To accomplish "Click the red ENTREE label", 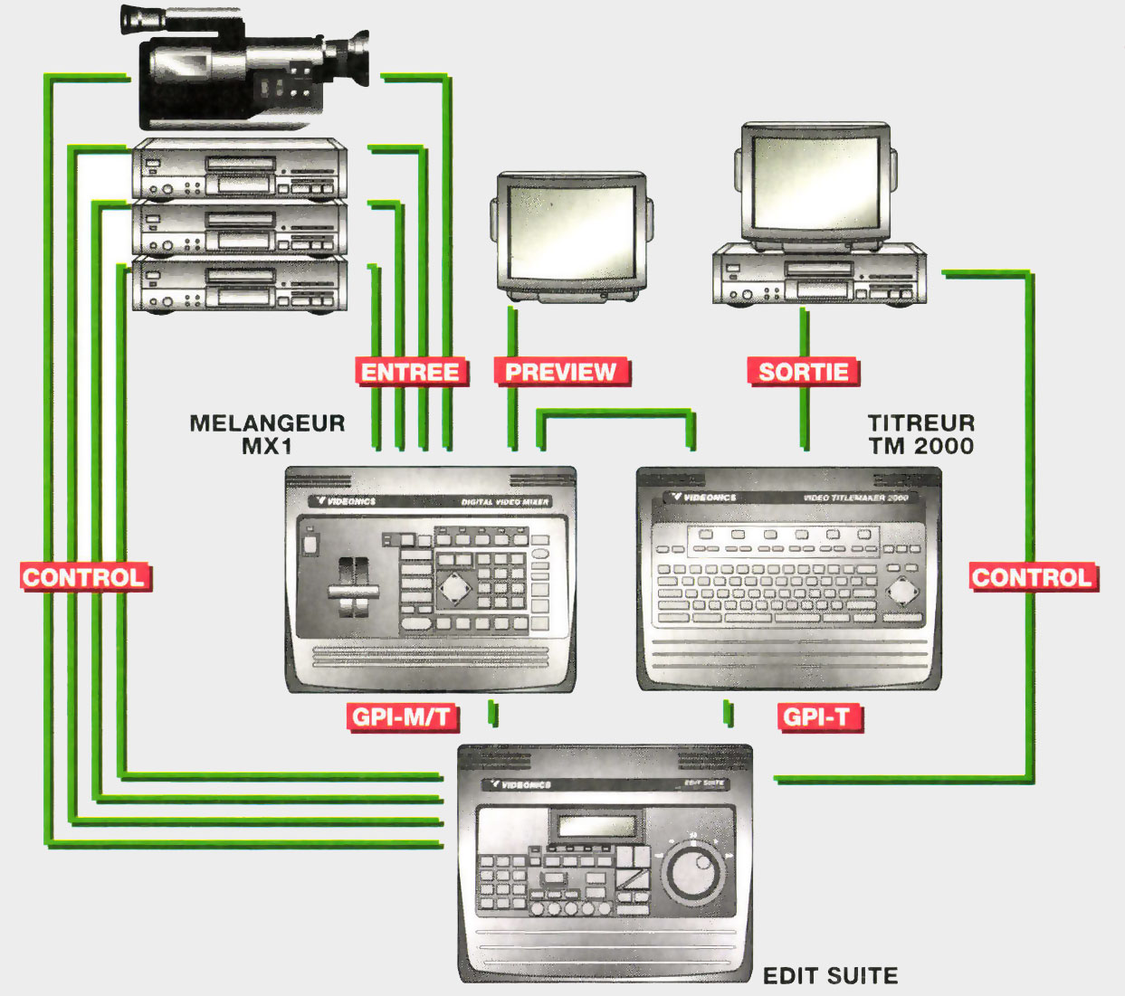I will click(411, 372).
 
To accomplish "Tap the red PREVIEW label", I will click(561, 372).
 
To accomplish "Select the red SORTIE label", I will click(803, 372).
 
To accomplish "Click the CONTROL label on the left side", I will click(84, 577).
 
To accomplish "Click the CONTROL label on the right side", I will click(1033, 577).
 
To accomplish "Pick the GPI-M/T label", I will click(401, 717).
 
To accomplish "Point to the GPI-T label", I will click(817, 717).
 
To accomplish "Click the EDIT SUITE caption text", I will click(830, 976).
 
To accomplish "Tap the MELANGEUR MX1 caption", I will click(267, 434).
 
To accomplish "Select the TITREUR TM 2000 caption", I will click(920, 434).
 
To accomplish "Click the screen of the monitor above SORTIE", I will click(815, 182).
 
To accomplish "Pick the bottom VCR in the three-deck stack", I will click(240, 286).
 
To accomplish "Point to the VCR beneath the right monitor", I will click(815, 276).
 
